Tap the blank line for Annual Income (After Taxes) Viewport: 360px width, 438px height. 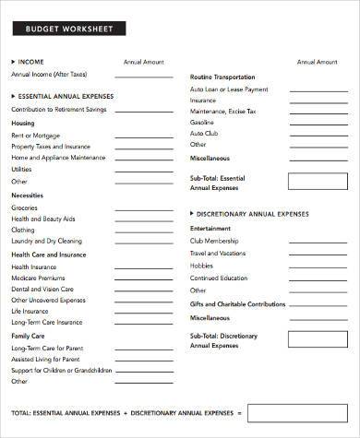tap(143, 78)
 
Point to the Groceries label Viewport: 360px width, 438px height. tap(25, 207)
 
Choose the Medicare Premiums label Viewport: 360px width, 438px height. tap(39, 277)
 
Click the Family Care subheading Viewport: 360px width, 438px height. tap(29, 336)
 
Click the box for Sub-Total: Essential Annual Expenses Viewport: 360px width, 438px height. tap(318, 181)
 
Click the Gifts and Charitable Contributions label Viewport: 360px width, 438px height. tap(238, 303)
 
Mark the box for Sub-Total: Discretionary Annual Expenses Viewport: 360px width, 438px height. tap(318, 340)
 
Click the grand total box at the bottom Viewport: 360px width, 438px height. tap(296, 412)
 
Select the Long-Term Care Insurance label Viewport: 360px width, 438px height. tap(46, 322)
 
